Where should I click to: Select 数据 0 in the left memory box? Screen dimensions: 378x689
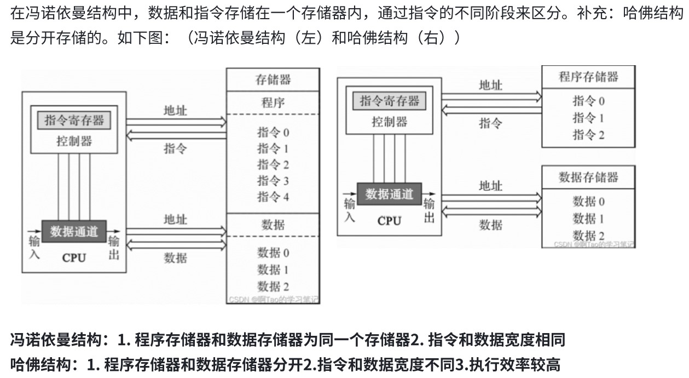(x=273, y=253)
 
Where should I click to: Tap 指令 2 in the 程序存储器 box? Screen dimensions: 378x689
(x=588, y=135)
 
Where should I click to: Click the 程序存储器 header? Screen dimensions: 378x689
(x=588, y=77)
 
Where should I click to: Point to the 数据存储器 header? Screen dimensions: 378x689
(x=588, y=177)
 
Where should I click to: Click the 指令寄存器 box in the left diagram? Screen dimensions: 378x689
(x=74, y=120)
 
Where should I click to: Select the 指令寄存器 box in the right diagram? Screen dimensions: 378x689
(x=390, y=101)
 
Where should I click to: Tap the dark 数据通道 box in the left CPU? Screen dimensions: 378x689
(x=74, y=231)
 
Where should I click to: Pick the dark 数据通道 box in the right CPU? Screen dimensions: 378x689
(x=390, y=194)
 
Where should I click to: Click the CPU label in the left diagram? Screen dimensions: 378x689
(x=74, y=257)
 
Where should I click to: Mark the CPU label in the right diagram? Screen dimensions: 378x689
(x=390, y=221)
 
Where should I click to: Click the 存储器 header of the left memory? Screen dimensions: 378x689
(x=273, y=79)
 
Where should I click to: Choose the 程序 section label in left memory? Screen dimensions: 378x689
(x=273, y=102)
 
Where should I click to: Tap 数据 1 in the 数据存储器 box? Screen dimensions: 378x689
(x=588, y=219)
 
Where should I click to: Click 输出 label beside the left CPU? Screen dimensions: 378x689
(x=114, y=248)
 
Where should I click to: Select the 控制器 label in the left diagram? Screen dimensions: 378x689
(x=74, y=141)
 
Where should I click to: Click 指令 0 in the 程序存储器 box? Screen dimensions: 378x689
(x=588, y=101)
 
